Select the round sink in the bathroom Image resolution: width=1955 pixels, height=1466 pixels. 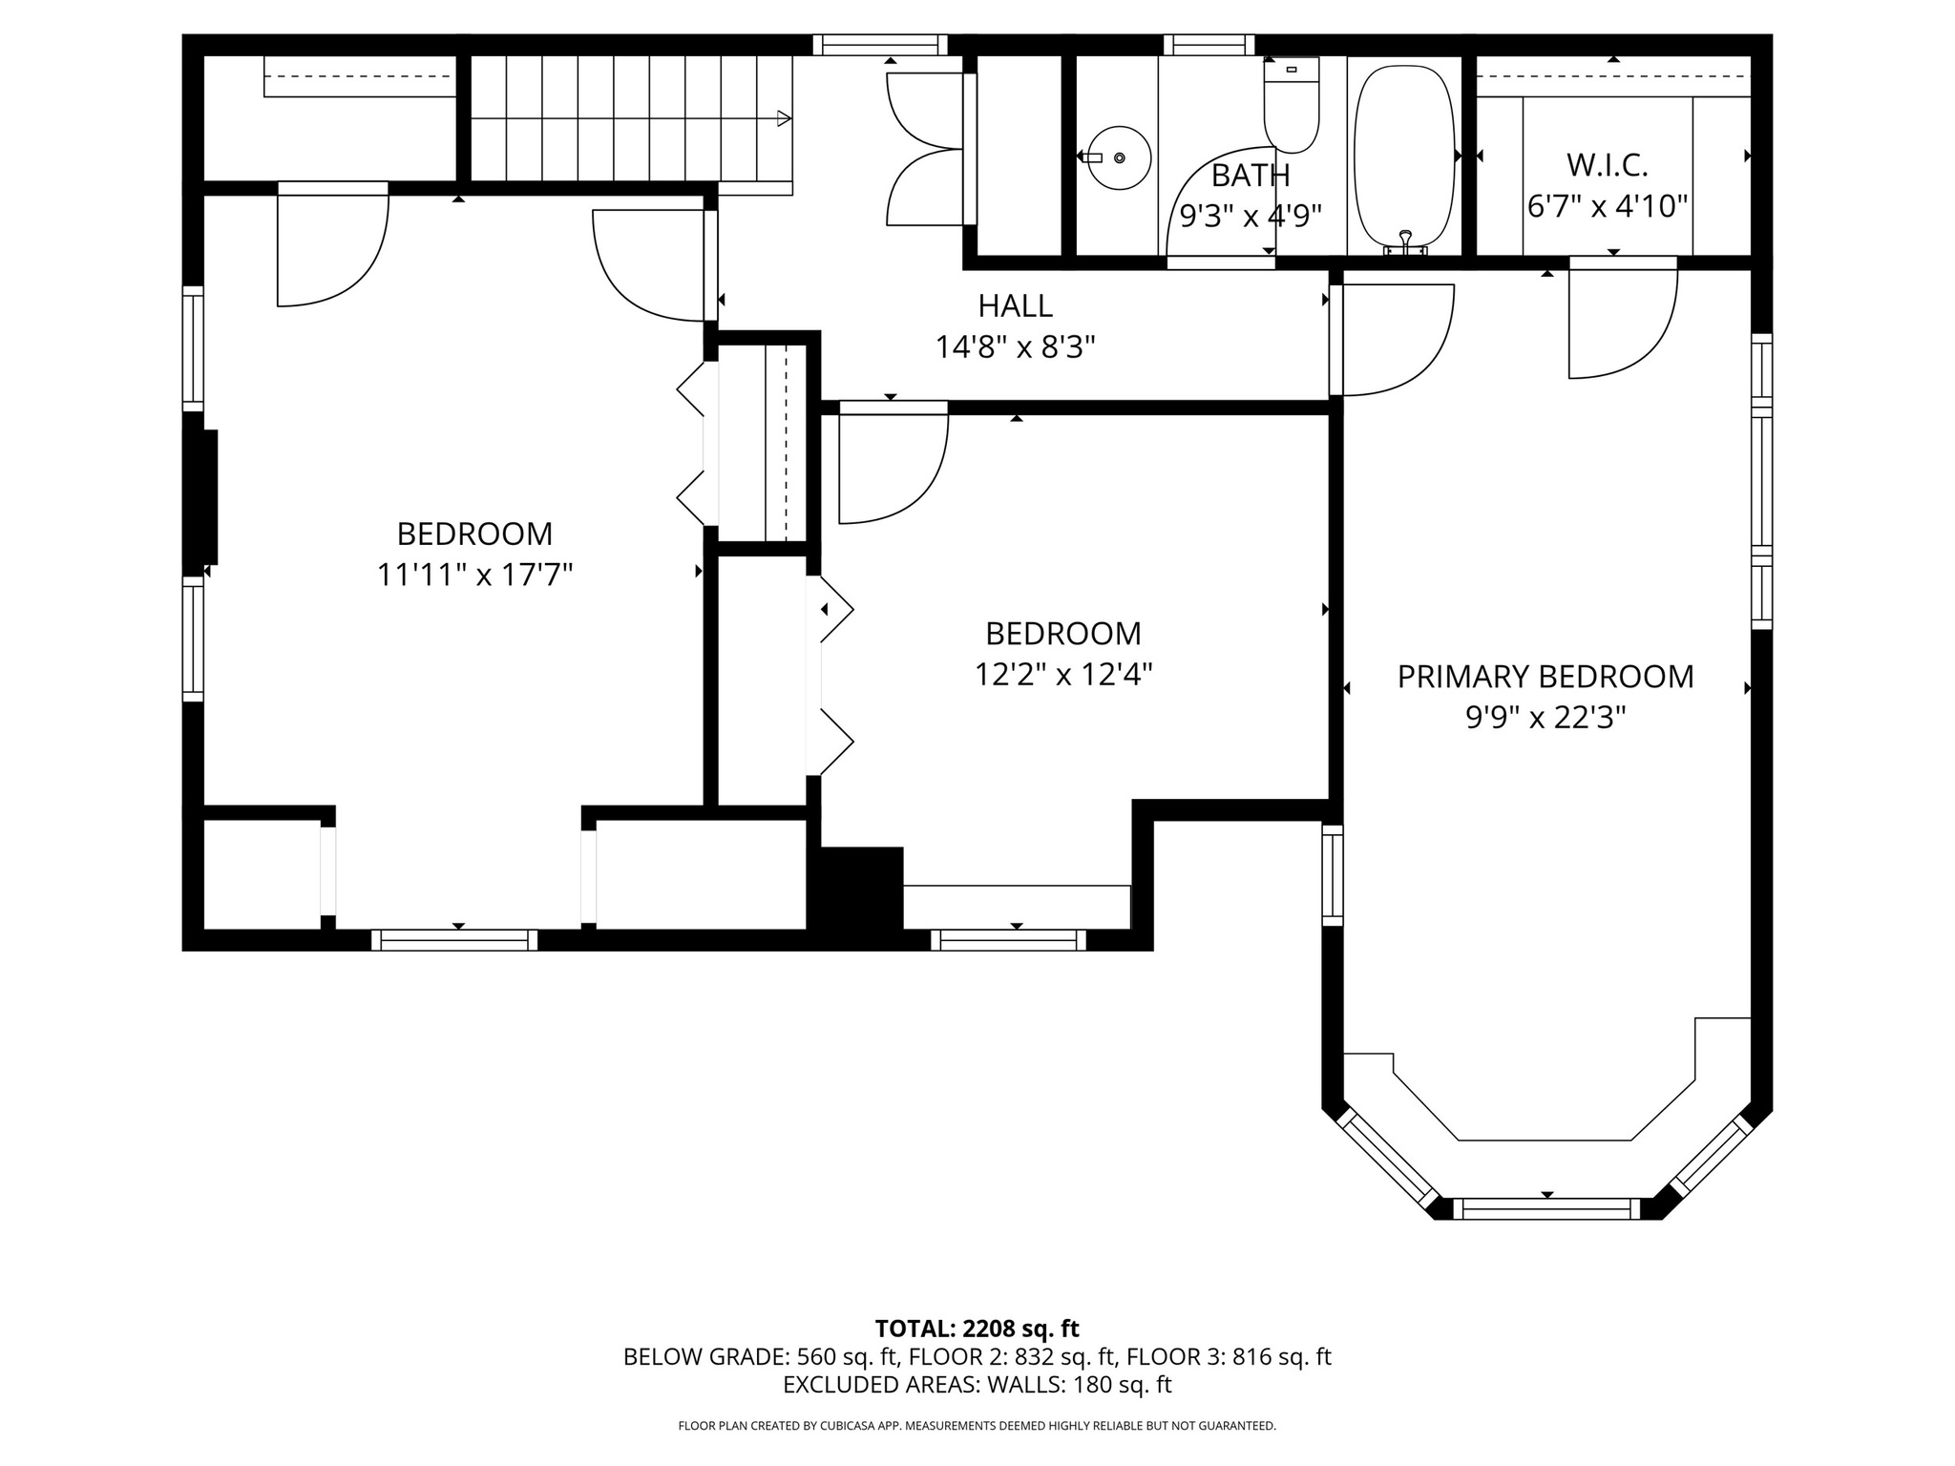pyautogui.click(x=1120, y=157)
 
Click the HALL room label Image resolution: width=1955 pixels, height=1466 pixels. pyautogui.click(x=1015, y=306)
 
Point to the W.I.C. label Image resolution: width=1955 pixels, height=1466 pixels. pyautogui.click(x=1607, y=166)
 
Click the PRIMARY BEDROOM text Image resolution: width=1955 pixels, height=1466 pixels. pyautogui.click(x=1545, y=677)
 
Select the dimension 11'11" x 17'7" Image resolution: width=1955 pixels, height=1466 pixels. pyautogui.click(x=474, y=576)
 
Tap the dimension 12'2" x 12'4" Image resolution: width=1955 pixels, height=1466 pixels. pyautogui.click(x=1062, y=676)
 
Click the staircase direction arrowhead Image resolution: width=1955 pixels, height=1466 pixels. pyautogui.click(x=784, y=119)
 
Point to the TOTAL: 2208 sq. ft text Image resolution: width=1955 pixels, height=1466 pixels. pyautogui.click(x=977, y=1329)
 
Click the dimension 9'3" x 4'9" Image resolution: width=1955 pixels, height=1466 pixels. pyautogui.click(x=1250, y=217)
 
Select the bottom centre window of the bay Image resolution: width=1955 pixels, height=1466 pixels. pyautogui.click(x=1546, y=1209)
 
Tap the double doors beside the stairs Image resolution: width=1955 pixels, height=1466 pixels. pyautogui.click(x=924, y=149)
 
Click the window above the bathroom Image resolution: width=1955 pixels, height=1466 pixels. pyautogui.click(x=1209, y=45)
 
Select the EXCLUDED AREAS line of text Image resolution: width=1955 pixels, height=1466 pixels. pyautogui.click(x=977, y=1385)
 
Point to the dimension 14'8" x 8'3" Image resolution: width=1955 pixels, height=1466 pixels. pyautogui.click(x=1015, y=347)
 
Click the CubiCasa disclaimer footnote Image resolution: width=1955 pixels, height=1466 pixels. pyautogui.click(x=977, y=1426)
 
